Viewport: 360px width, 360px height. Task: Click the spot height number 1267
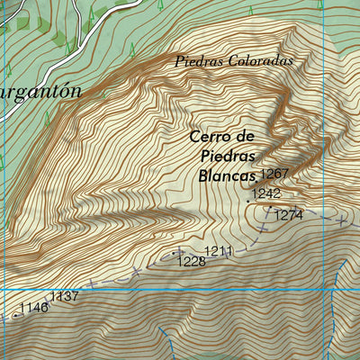click(x=274, y=174)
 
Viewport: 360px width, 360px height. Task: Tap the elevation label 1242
click(x=266, y=193)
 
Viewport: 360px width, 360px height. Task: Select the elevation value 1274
click(x=289, y=215)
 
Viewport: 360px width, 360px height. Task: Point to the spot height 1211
click(x=219, y=250)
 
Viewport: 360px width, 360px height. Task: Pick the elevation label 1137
click(x=65, y=296)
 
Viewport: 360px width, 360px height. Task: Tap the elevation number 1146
click(x=33, y=308)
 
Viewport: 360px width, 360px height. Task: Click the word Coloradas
click(x=266, y=62)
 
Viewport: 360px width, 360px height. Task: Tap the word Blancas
click(x=225, y=175)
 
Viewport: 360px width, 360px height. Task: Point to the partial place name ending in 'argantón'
click(x=40, y=92)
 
